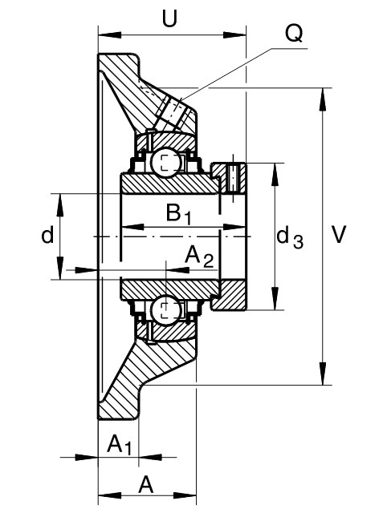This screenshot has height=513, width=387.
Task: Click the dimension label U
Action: click(x=169, y=18)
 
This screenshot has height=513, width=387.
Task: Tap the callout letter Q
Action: click(x=294, y=34)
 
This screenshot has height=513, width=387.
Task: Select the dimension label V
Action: click(x=339, y=234)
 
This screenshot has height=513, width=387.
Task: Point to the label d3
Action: click(x=290, y=238)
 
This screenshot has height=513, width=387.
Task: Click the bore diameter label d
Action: click(x=47, y=235)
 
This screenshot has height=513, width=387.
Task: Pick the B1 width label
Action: click(x=178, y=214)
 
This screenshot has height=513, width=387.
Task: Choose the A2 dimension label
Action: click(x=199, y=257)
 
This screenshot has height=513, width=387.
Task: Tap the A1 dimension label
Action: click(x=120, y=445)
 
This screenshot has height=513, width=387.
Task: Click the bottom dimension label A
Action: click(x=146, y=485)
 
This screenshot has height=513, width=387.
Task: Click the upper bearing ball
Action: click(x=166, y=163)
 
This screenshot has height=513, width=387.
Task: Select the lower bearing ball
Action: click(x=166, y=309)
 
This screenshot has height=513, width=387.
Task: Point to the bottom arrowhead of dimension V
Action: click(x=323, y=374)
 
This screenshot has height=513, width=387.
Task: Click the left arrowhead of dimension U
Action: click(x=110, y=35)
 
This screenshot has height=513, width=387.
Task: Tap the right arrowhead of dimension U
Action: click(x=234, y=35)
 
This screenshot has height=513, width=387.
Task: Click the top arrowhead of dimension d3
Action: click(x=275, y=175)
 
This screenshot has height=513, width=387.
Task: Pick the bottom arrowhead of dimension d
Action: click(x=60, y=268)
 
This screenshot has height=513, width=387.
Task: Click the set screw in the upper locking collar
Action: click(x=233, y=177)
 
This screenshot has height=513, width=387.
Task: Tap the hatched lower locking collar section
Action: click(x=229, y=295)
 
